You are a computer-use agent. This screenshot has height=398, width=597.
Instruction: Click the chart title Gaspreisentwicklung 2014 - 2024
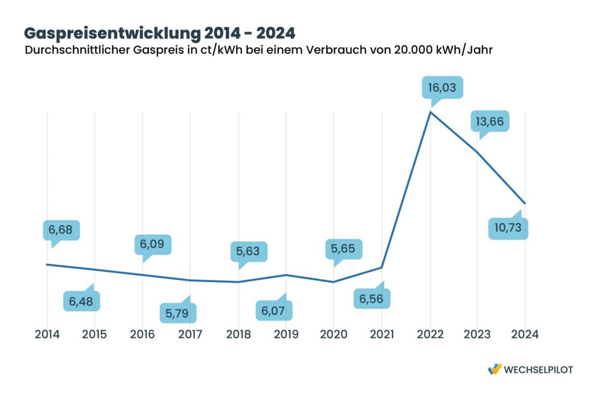pyautogui.click(x=159, y=32)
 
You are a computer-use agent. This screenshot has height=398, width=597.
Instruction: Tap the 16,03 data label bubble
pyautogui.click(x=443, y=89)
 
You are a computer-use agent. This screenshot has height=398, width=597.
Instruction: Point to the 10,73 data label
pyautogui.click(x=508, y=228)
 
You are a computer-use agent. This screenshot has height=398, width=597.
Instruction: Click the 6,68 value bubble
pyautogui.click(x=61, y=230)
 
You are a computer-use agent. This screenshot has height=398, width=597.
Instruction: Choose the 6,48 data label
pyautogui.click(x=81, y=301)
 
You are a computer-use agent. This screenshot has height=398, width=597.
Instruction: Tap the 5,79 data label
pyautogui.click(x=178, y=313)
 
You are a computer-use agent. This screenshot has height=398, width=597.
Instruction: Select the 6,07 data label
pyautogui.click(x=273, y=310)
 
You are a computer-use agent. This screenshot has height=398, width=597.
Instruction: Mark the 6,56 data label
pyautogui.click(x=371, y=298)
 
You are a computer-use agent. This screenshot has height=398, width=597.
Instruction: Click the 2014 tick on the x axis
pyautogui.click(x=47, y=334)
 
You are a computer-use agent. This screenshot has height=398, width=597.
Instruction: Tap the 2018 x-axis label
pyautogui.click(x=238, y=334)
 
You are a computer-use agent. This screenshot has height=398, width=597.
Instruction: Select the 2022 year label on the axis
pyautogui.click(x=430, y=334)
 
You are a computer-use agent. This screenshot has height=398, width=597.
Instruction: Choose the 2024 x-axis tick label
pyautogui.click(x=524, y=334)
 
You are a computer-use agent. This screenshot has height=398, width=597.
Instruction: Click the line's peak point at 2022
pyautogui.click(x=430, y=111)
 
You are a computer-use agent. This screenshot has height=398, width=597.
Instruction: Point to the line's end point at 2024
pyautogui.click(x=525, y=203)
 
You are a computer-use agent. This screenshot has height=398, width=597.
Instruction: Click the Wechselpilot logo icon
pyautogui.click(x=494, y=369)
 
